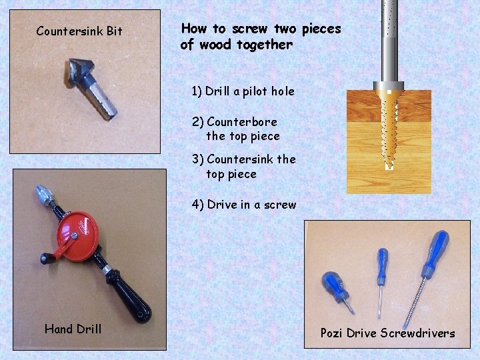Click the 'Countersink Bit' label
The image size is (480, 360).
pyautogui.click(x=79, y=31)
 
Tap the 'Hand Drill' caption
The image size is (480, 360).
pyautogui.click(x=73, y=328)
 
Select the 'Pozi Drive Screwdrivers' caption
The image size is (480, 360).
pyautogui.click(x=387, y=333)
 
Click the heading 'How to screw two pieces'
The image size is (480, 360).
pyautogui.click(x=261, y=29)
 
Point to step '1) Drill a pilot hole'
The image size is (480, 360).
pyautogui.click(x=243, y=91)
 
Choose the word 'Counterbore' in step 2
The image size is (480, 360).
pyautogui.click(x=242, y=122)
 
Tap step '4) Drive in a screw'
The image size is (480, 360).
pyautogui.click(x=244, y=205)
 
